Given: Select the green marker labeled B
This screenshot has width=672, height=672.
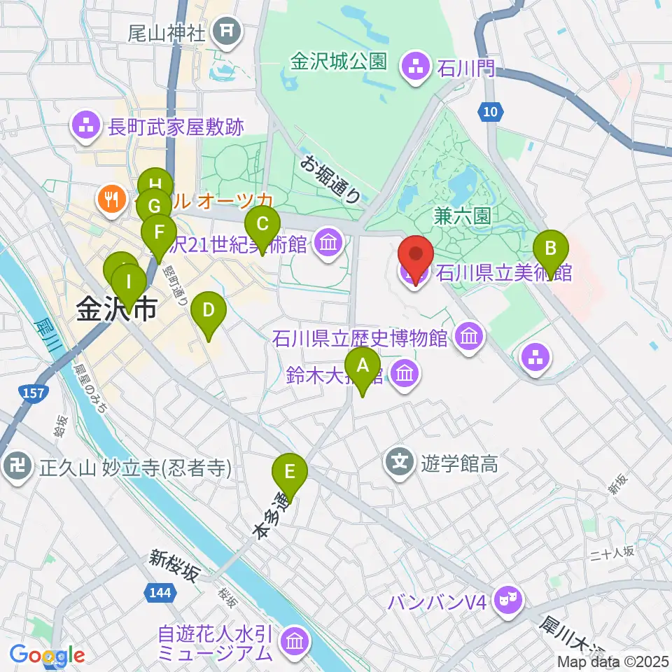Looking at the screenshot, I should pos(551,254).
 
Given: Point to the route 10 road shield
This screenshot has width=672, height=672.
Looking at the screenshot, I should pos(492,110).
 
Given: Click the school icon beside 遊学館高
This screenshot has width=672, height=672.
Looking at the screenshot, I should pos(399,462).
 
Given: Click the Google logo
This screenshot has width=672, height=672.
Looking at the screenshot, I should pos(48,655).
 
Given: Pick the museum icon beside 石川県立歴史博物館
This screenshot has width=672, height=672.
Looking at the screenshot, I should pos(468,338).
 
